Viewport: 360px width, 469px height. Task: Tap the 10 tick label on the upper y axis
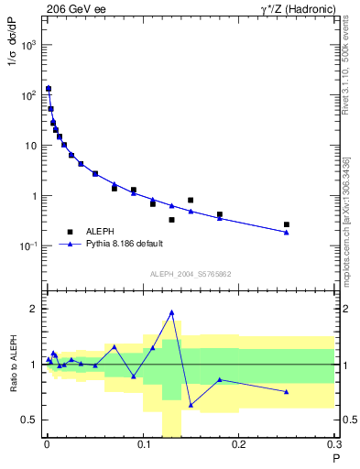click(30, 146)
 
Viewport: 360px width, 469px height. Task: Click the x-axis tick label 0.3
click(334, 443)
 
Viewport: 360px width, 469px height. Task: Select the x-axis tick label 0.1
click(142, 443)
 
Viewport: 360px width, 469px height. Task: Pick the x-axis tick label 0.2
click(238, 443)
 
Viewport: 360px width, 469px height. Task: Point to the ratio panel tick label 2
click(32, 309)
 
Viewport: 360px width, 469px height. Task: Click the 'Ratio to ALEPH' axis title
click(13, 364)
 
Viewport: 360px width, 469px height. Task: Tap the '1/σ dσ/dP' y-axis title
click(13, 70)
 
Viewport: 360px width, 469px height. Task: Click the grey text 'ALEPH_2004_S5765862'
click(190, 273)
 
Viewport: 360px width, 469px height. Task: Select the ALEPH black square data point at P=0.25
click(287, 224)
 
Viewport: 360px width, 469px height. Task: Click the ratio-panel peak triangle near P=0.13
click(171, 312)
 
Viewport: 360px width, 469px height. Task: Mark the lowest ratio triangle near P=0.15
click(191, 404)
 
